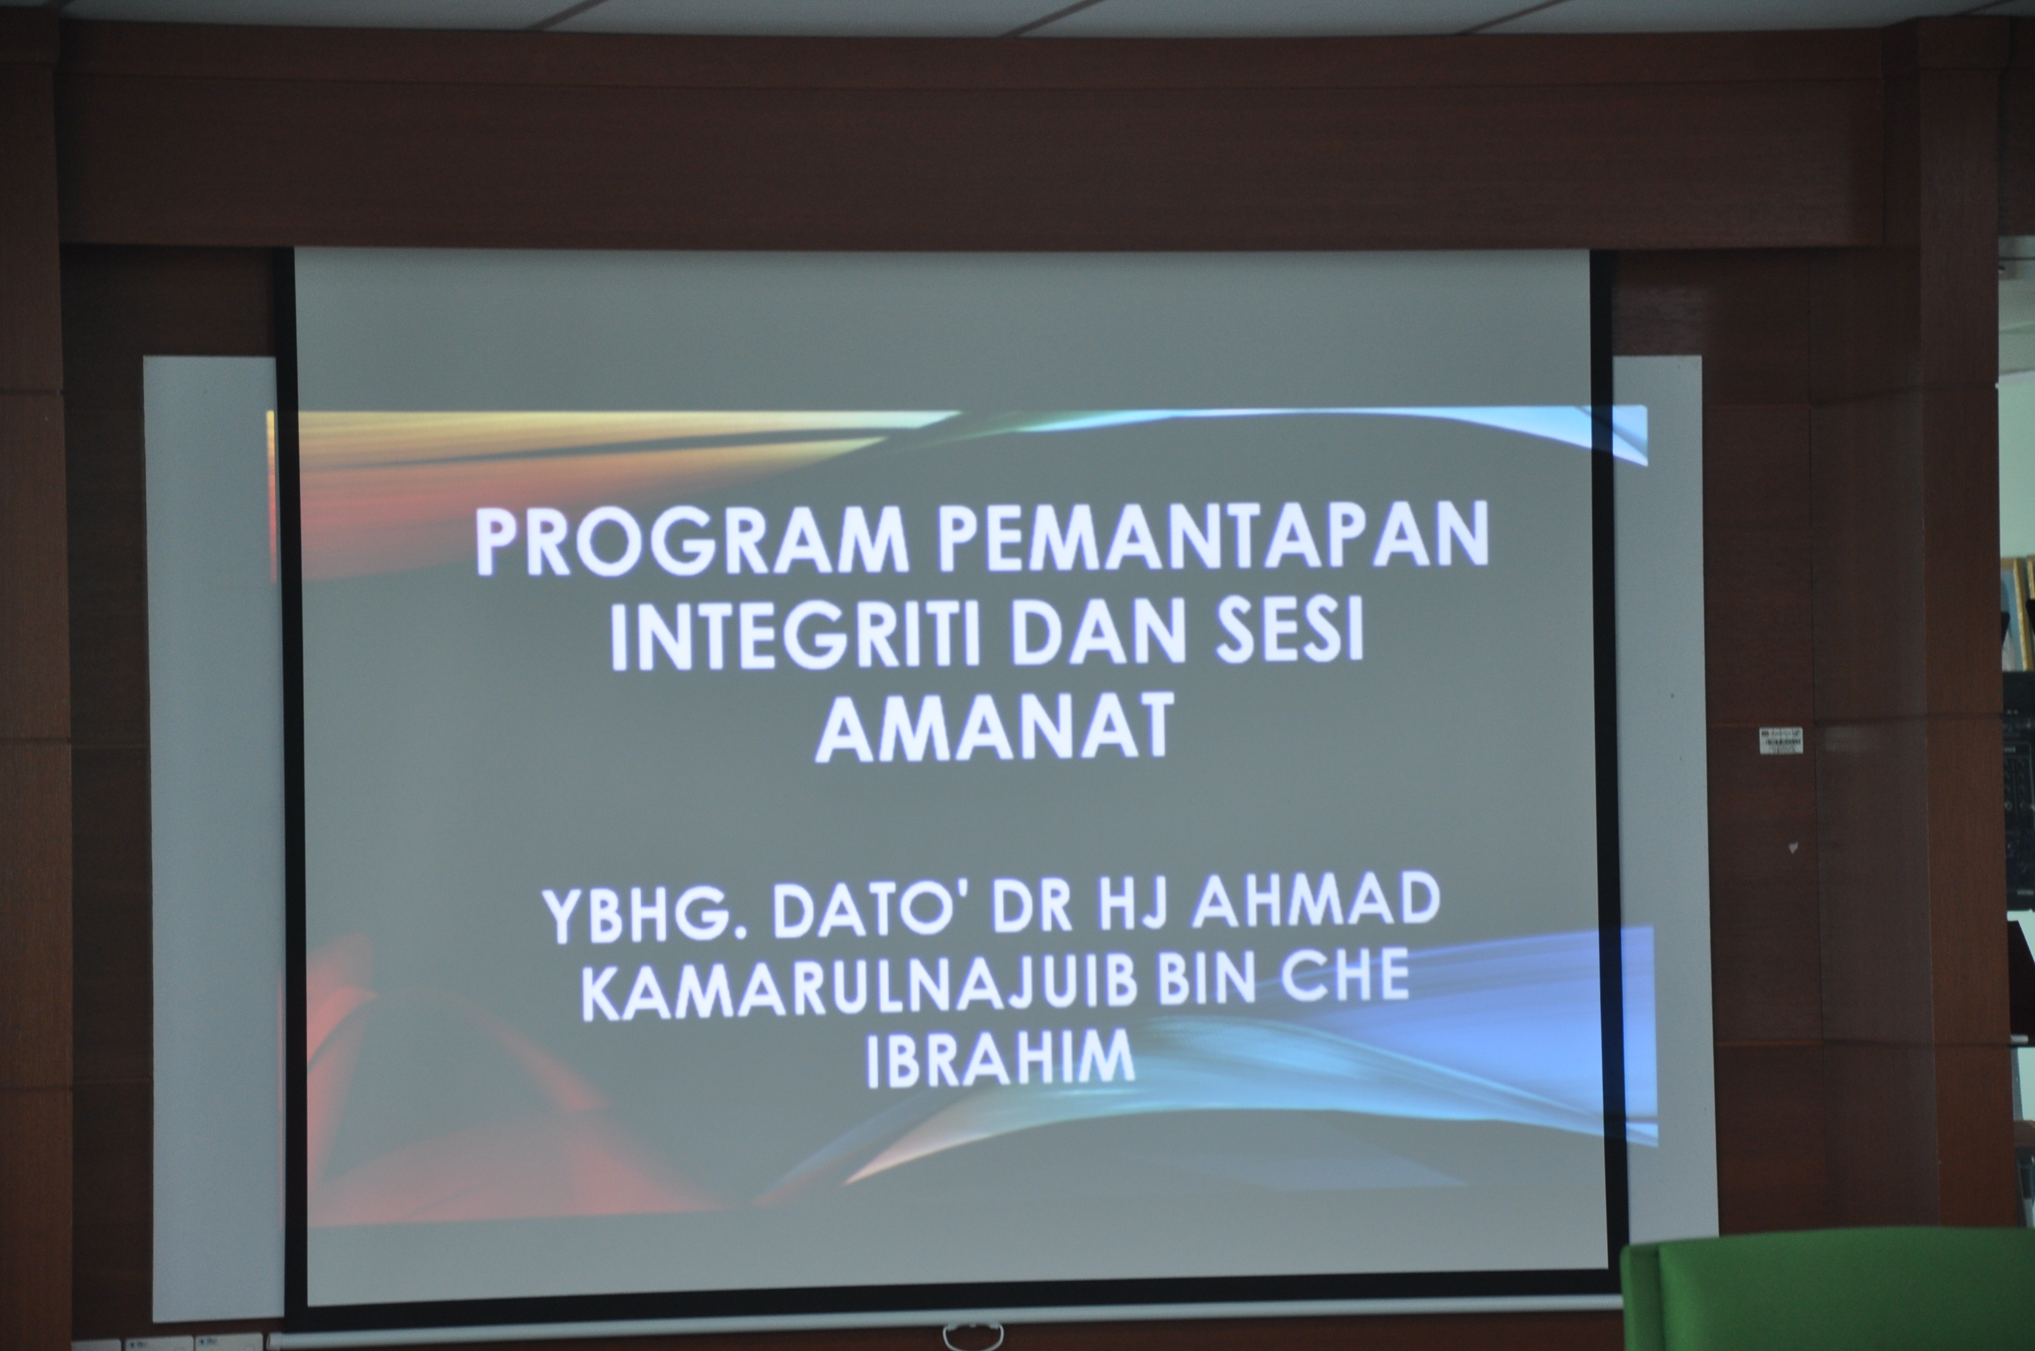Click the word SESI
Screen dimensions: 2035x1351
click(1290, 630)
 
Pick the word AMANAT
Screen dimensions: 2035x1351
click(995, 728)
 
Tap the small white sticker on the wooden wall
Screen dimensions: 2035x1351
click(1781, 740)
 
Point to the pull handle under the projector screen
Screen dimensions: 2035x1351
click(973, 1335)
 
